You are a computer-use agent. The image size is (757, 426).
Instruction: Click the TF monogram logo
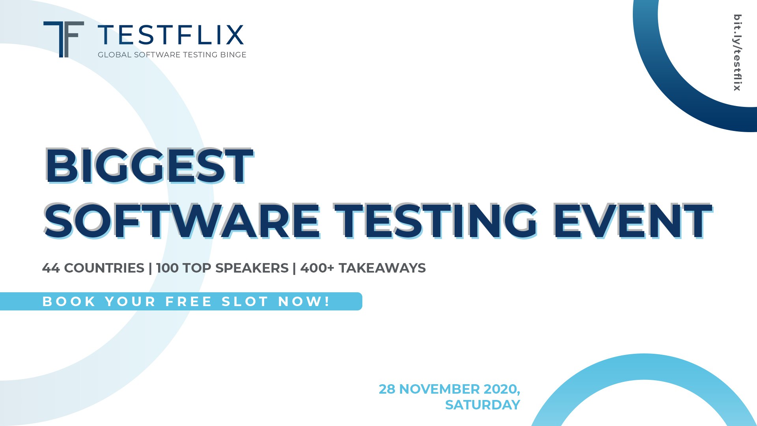click(x=63, y=39)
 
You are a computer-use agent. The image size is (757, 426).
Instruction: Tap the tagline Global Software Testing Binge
click(x=172, y=55)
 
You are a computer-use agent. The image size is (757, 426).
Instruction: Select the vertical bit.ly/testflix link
click(x=737, y=52)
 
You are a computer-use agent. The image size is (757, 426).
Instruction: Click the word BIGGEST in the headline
click(x=149, y=166)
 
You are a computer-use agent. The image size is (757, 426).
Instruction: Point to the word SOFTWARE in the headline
click(x=182, y=221)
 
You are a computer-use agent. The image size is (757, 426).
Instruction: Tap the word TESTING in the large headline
click(x=436, y=221)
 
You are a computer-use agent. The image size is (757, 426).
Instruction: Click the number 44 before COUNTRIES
click(x=51, y=268)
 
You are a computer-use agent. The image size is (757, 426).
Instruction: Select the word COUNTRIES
click(x=104, y=268)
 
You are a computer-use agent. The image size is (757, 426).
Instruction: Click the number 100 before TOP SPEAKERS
click(x=167, y=268)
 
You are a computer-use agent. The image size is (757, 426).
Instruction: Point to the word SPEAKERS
click(x=252, y=268)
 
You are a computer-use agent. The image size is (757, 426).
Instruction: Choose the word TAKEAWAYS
click(x=382, y=268)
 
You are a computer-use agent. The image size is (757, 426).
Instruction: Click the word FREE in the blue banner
click(x=189, y=302)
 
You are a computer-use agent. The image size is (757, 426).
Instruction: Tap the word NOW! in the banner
click(x=304, y=302)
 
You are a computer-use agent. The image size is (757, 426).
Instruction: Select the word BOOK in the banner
click(x=69, y=302)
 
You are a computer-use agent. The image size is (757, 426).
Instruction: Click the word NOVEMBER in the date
click(x=440, y=389)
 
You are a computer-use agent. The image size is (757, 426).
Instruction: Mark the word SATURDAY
click(x=483, y=405)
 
